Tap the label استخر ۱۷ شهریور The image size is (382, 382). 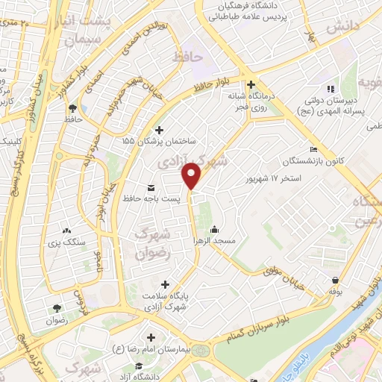pyautogui.click(x=274, y=180)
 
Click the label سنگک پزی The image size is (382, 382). pyautogui.click(x=69, y=242)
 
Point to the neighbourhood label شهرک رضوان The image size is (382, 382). pyautogui.click(x=154, y=243)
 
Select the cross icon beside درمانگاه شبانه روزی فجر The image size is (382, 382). pyautogui.click(x=251, y=84)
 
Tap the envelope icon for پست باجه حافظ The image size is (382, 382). pyautogui.click(x=152, y=187)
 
